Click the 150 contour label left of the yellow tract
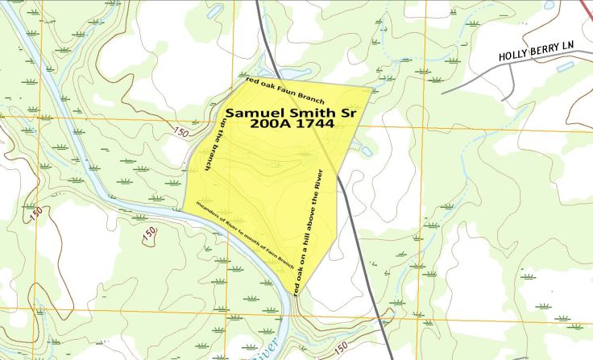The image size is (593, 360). [x=180, y=132]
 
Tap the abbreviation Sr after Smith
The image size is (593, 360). [x=346, y=114]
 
